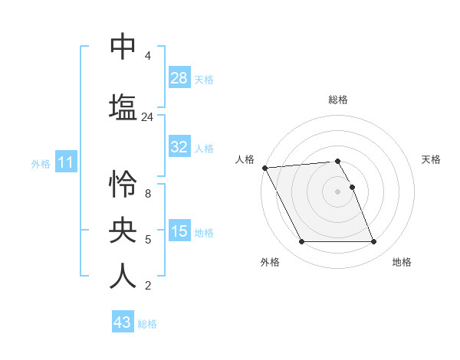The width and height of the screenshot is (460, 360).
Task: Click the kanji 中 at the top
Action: pyautogui.click(x=123, y=47)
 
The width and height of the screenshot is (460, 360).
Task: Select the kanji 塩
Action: pyautogui.click(x=123, y=105)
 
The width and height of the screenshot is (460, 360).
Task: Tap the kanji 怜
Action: pyautogui.click(x=123, y=185)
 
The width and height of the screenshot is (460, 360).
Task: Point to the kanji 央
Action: pyautogui.click(x=123, y=230)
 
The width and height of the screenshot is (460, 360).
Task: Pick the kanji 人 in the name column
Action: pyautogui.click(x=123, y=275)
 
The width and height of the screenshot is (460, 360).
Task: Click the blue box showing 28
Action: pyautogui.click(x=179, y=77)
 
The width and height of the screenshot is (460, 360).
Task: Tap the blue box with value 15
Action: pyautogui.click(x=179, y=231)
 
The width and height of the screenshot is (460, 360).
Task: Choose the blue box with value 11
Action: pyautogui.click(x=65, y=162)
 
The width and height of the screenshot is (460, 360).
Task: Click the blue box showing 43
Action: pyautogui.click(x=123, y=322)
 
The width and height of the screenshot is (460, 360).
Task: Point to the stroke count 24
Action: pyautogui.click(x=147, y=117)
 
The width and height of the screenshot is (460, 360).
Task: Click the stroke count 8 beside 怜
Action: pyautogui.click(x=147, y=194)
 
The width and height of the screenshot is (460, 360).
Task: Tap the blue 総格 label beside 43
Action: pyautogui.click(x=147, y=324)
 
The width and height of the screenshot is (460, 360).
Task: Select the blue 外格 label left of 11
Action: pyautogui.click(x=41, y=164)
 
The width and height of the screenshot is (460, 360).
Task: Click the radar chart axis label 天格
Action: pyautogui.click(x=431, y=159)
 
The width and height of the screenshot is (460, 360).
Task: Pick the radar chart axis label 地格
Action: pyautogui.click(x=402, y=262)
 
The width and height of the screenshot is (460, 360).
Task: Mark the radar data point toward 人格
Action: pyautogui.click(x=264, y=168)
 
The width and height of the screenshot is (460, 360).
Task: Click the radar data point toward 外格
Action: pyautogui.click(x=301, y=242)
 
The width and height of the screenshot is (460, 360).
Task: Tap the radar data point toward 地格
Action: pyautogui.click(x=373, y=242)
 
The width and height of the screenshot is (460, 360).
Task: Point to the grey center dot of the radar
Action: pyautogui.click(x=337, y=191)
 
